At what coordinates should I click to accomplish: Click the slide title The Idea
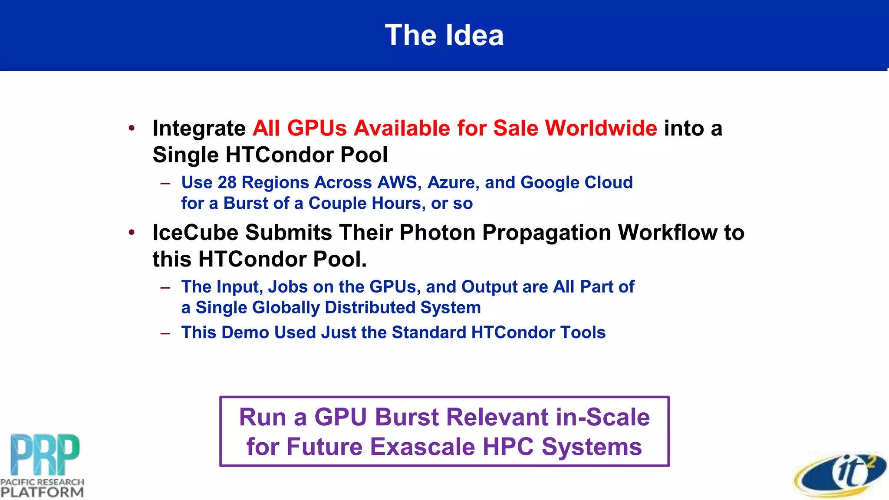tap(444, 35)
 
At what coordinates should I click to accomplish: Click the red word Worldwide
tap(601, 128)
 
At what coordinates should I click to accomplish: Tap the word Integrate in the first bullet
tap(199, 129)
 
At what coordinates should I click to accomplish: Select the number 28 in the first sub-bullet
tap(227, 183)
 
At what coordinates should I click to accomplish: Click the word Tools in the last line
tap(583, 332)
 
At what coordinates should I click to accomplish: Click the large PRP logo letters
tap(45, 454)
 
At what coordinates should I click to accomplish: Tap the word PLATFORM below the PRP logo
tap(42, 492)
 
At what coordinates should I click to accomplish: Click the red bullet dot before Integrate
tap(132, 128)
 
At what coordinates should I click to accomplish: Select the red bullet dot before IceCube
tap(132, 233)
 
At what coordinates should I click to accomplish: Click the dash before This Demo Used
tap(165, 333)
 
